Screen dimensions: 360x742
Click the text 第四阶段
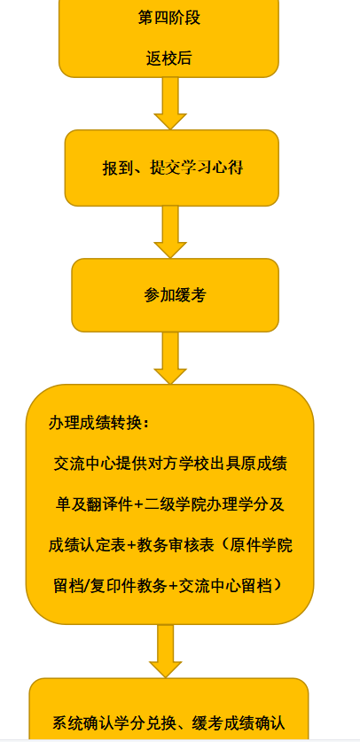[x=168, y=18]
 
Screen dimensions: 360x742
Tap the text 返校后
[x=168, y=59]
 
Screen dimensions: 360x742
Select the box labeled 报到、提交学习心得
[x=172, y=168]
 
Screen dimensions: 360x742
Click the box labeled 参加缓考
[x=175, y=295]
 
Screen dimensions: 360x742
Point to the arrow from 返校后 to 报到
[x=170, y=103]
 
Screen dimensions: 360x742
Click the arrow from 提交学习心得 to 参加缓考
[x=170, y=232]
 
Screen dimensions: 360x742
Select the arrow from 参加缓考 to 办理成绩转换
[x=170, y=358]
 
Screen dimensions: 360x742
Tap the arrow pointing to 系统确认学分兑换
[x=166, y=652]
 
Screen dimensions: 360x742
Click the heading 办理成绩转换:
[x=99, y=424]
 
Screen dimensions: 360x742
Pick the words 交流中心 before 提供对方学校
[x=85, y=464]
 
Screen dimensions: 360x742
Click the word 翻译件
[x=109, y=505]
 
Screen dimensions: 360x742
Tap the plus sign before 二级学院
[x=138, y=505]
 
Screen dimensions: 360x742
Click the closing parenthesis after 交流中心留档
[x=279, y=587]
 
